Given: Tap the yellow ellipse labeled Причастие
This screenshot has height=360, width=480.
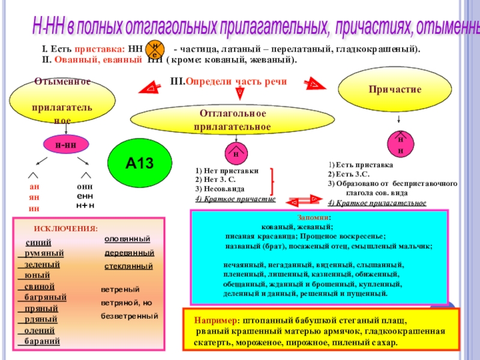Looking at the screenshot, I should pos(395,89).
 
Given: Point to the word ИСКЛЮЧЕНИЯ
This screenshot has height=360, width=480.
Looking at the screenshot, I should pos(65,229).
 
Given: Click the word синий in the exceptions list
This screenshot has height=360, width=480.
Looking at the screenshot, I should pos(38,242).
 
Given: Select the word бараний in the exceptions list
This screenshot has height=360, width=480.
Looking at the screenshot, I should pos(42,341).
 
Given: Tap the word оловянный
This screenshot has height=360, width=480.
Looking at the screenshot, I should pos(127,239).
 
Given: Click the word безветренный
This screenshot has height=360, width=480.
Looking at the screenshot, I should pos(129,315).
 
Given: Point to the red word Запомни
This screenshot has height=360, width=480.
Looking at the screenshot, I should pos(313,218).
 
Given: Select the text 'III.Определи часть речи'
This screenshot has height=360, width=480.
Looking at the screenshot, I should pos(229,81).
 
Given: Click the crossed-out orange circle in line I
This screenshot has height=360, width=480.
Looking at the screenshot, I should pos(155,49).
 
